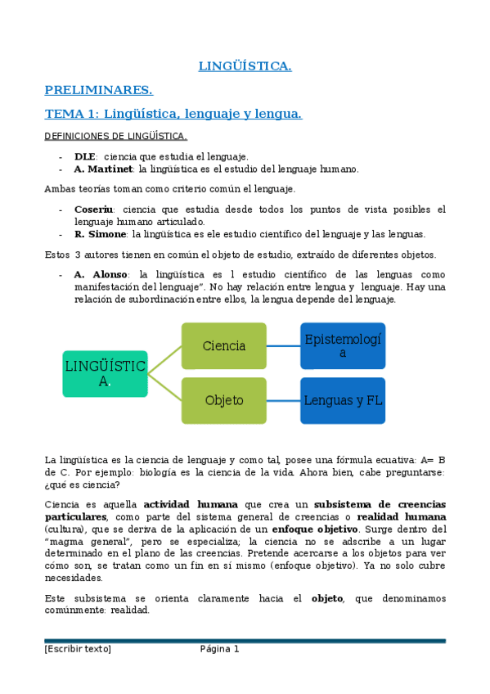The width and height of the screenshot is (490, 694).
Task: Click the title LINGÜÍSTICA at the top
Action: [x=245, y=65]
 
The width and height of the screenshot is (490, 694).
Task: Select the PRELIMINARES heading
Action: [x=98, y=89]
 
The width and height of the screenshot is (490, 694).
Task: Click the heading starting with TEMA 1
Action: [x=173, y=114]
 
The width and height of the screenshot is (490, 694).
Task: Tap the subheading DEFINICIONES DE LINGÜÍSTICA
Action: [x=115, y=136]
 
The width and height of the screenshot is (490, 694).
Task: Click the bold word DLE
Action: [x=85, y=156]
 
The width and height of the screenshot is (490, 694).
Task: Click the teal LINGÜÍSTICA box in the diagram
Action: [x=105, y=374]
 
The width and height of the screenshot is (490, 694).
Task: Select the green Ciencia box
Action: [x=224, y=346]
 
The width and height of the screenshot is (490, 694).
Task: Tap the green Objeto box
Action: [x=224, y=400]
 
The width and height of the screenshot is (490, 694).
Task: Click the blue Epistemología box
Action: [x=343, y=346]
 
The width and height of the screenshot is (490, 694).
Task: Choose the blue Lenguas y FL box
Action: [x=343, y=400]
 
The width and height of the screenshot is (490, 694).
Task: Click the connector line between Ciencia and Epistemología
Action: [x=283, y=346]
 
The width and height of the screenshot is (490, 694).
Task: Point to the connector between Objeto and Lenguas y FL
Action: [x=283, y=400]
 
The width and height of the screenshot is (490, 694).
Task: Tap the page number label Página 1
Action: [x=219, y=650]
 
